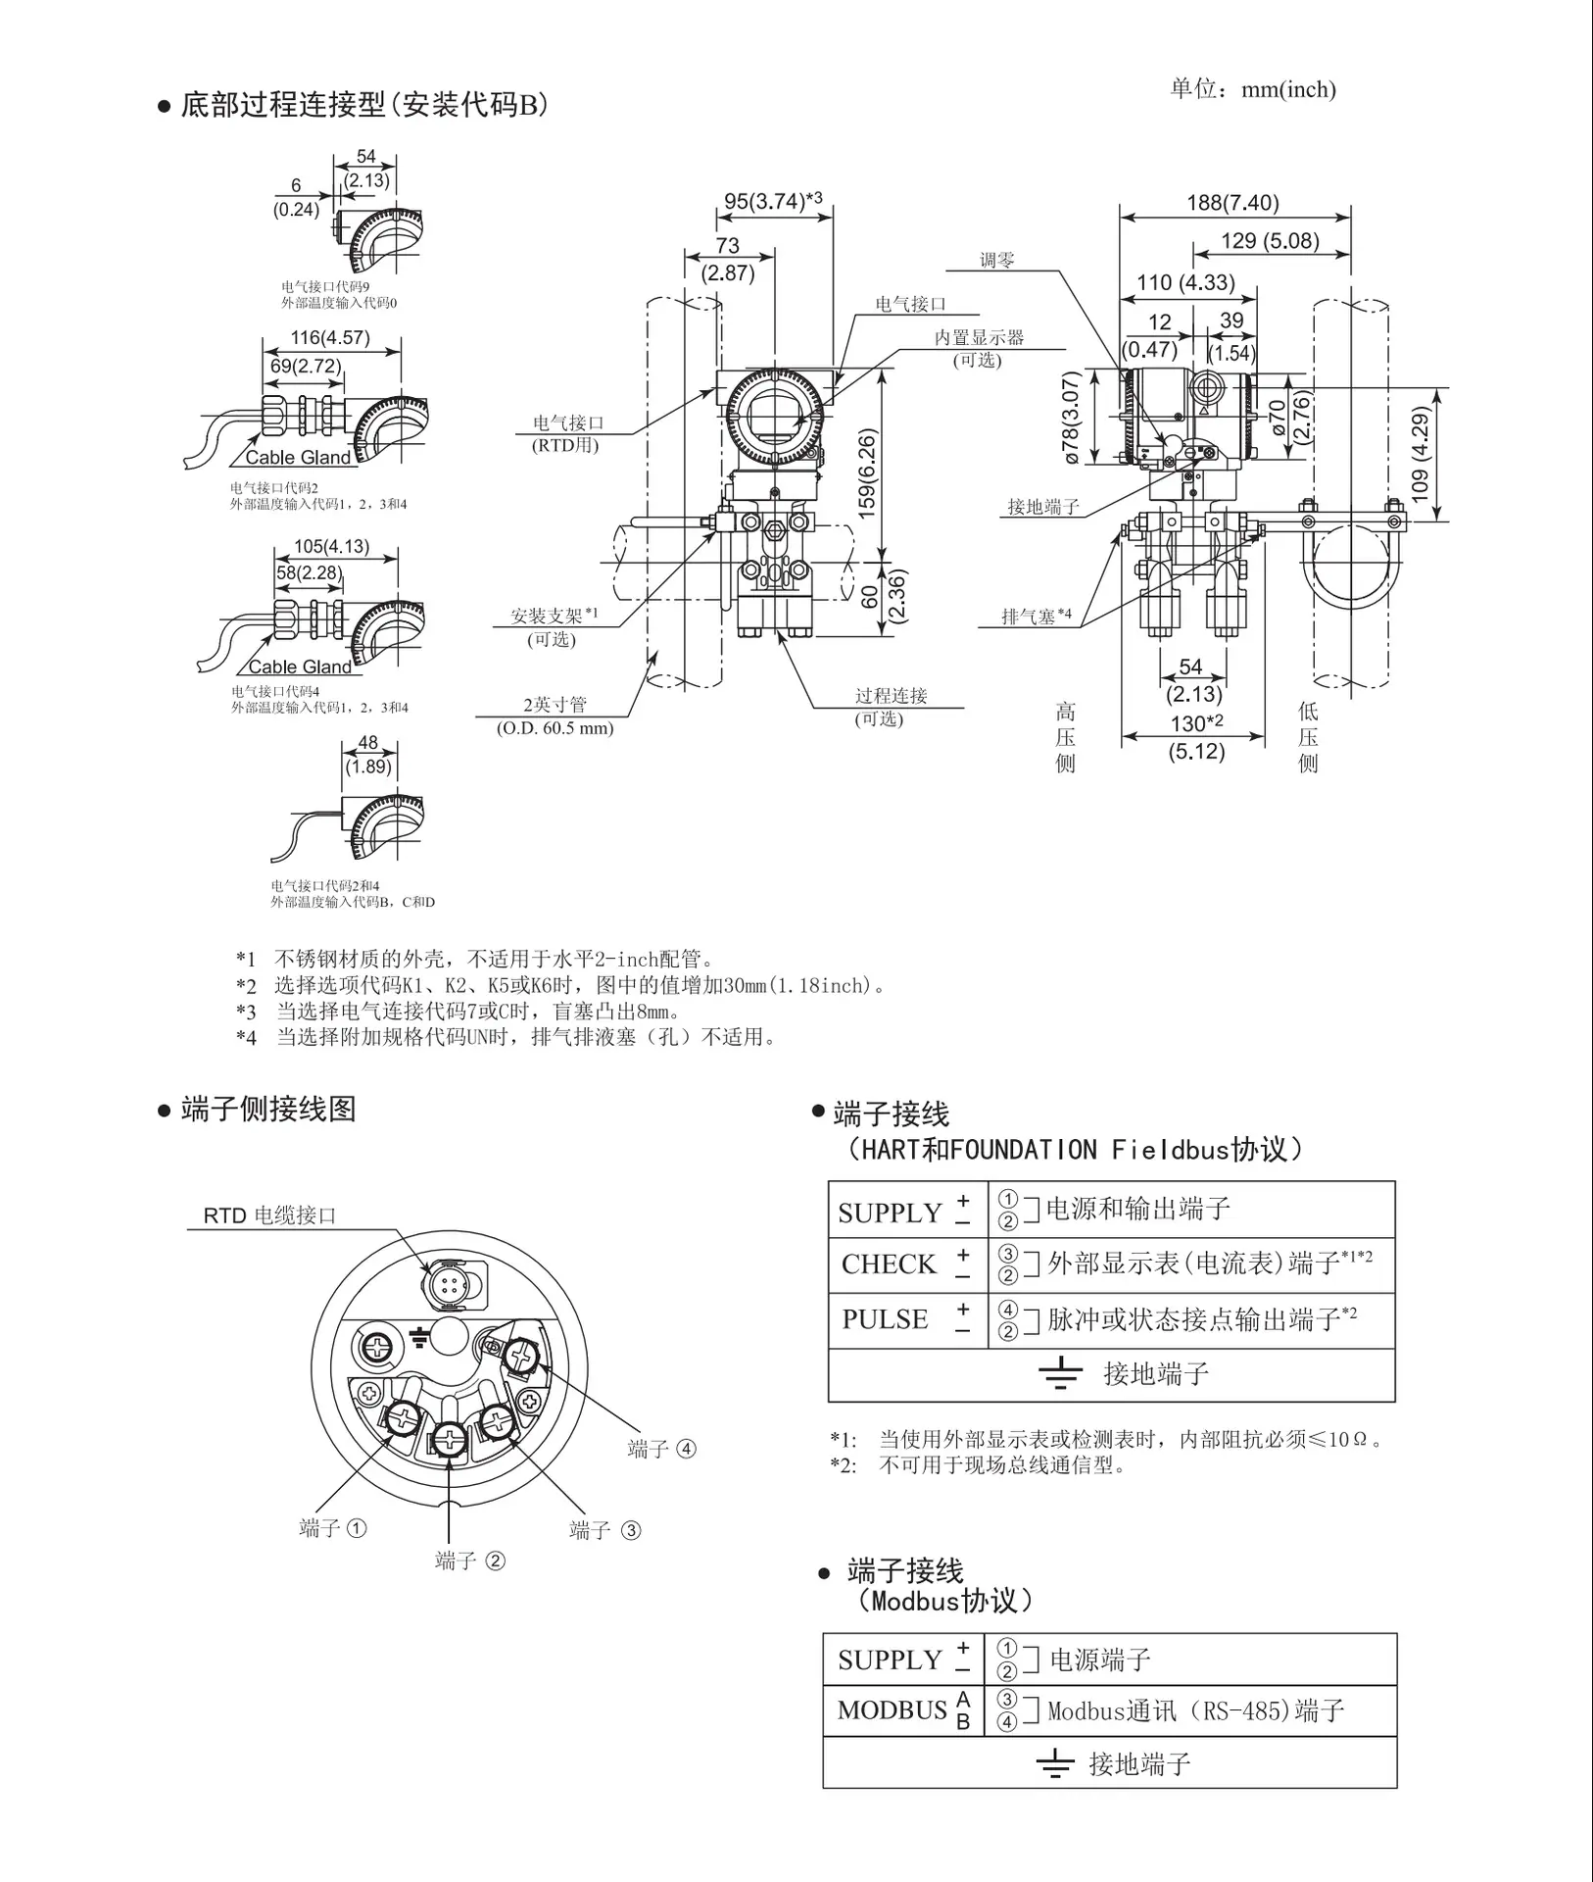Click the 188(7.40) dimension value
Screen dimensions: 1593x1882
pos(1232,203)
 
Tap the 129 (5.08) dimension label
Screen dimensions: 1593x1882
pos(1270,241)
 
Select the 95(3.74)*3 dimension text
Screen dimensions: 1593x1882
pos(773,201)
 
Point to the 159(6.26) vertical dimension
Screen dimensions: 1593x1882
pos(867,473)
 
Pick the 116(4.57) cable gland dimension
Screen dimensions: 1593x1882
pos(330,338)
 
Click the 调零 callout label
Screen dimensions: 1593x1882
pos(997,261)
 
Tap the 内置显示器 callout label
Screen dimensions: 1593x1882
pos(979,337)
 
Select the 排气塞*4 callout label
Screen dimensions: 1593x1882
pos(1037,617)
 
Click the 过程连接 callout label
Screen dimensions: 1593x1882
pos(891,696)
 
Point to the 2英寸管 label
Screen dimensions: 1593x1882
pos(555,705)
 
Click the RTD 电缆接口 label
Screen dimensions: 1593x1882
pos(269,1215)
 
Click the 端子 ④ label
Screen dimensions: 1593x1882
pos(662,1449)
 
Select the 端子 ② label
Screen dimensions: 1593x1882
pos(470,1560)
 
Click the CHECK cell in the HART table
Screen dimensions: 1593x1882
pos(889,1264)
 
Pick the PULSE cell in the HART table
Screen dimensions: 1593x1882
pos(885,1319)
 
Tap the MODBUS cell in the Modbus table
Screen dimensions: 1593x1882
pos(893,1710)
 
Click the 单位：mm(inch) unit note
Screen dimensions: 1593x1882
pos(1253,89)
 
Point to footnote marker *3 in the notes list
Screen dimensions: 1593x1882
pos(246,1012)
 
